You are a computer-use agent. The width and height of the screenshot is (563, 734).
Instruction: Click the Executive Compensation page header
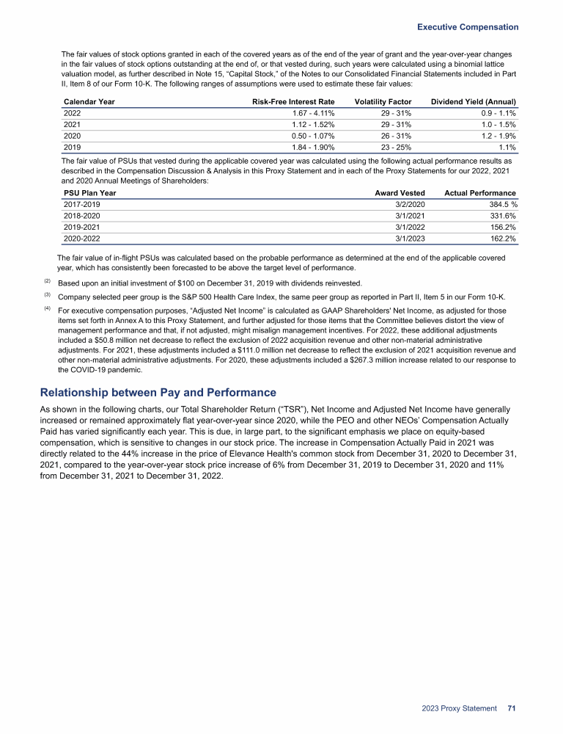(x=468, y=27)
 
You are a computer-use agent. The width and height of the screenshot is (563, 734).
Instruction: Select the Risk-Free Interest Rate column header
(x=293, y=101)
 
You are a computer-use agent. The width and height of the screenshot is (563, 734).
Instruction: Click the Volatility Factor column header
(x=382, y=101)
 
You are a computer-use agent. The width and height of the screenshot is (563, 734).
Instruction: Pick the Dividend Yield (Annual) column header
(x=474, y=101)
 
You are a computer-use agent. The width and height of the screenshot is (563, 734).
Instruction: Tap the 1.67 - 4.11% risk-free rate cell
(x=313, y=114)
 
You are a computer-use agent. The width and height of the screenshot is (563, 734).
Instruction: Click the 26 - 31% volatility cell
(x=397, y=137)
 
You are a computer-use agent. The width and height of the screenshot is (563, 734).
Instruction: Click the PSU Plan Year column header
(x=89, y=193)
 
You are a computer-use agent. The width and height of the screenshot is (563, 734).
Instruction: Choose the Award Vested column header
(x=400, y=193)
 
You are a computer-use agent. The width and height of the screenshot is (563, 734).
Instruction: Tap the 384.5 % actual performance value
(x=496, y=204)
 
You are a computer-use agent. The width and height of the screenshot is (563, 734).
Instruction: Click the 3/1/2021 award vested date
(x=410, y=216)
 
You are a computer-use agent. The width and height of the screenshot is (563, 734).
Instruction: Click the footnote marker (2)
(x=48, y=282)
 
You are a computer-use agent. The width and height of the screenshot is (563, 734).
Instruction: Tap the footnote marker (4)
(x=48, y=309)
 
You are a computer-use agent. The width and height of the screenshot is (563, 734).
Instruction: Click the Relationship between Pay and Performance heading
(x=158, y=392)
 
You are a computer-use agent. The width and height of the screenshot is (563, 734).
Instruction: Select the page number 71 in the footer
(x=512, y=709)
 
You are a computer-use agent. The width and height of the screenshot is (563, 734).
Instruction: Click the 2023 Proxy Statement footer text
(x=460, y=709)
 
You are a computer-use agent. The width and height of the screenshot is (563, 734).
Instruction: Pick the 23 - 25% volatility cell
(x=397, y=148)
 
